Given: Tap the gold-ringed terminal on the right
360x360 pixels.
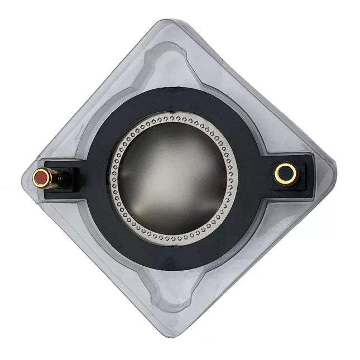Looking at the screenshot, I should pos(286,173).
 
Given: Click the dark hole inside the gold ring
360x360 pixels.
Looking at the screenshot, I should pos(286,173).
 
